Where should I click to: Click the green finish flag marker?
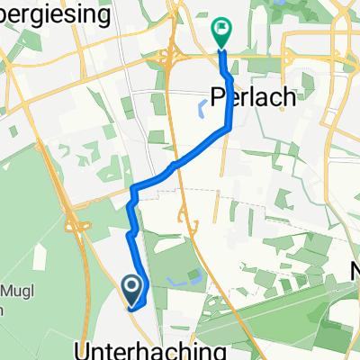tap(221, 30)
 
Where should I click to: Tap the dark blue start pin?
tap(131, 287)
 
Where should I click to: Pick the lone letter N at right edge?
tap(354, 269)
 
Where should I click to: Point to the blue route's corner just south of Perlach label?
tap(227, 126)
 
